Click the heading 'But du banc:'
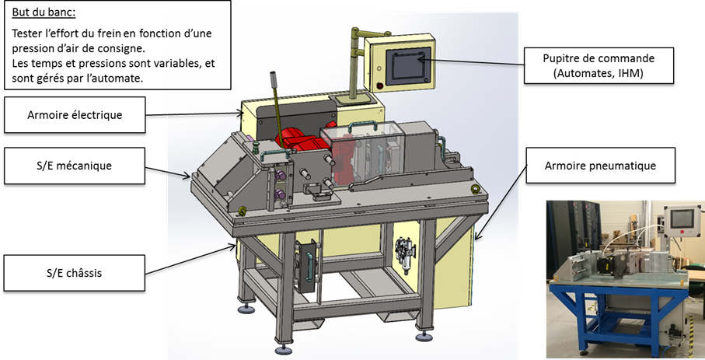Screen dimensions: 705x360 coord(44,12)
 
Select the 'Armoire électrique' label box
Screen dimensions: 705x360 coord(75,115)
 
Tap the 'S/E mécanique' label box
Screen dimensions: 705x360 coord(75,166)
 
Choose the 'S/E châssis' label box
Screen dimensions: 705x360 coord(75,273)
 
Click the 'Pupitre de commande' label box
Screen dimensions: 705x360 coord(599,65)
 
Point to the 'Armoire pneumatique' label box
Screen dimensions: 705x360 coord(600,166)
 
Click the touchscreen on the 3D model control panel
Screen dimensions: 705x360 coord(406,67)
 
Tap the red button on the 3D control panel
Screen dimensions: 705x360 coord(380,86)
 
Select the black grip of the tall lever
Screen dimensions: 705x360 coord(274,80)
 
